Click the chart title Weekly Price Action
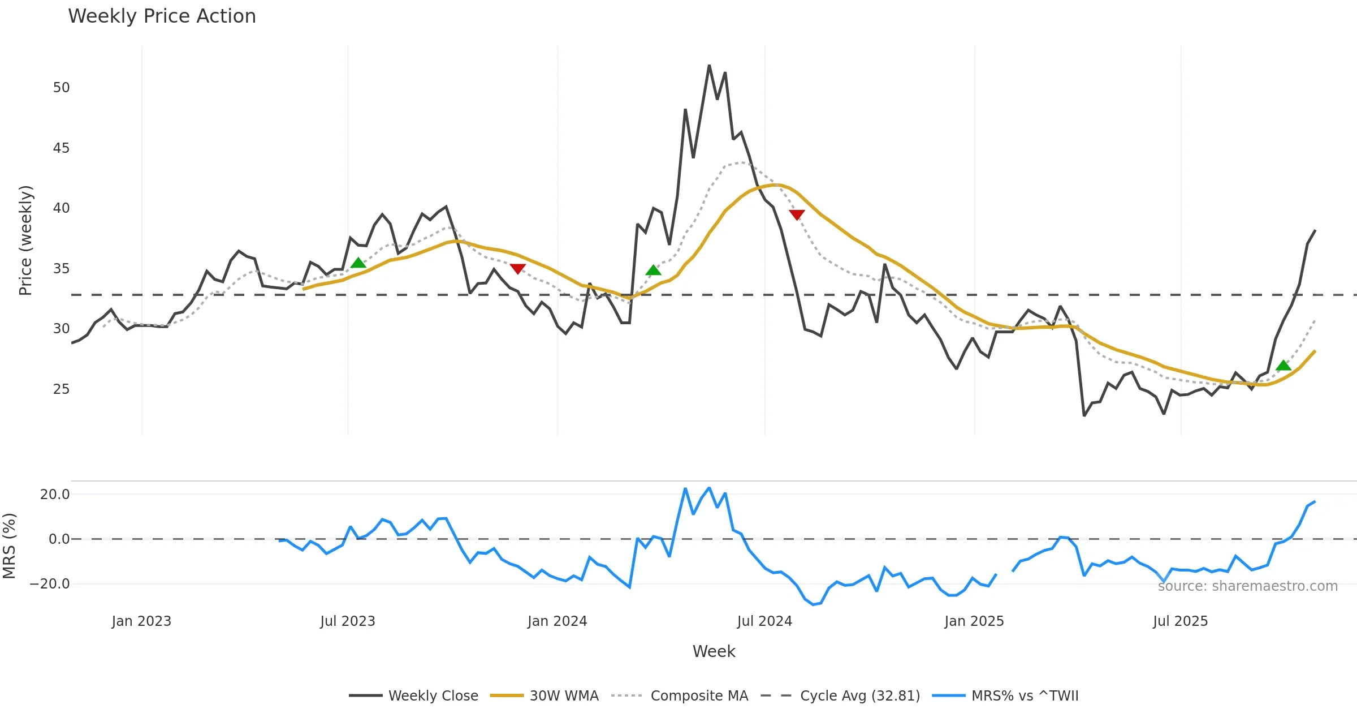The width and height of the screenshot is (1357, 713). (x=162, y=16)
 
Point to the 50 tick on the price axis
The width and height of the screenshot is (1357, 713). (x=61, y=88)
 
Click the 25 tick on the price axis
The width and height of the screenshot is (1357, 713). (x=61, y=389)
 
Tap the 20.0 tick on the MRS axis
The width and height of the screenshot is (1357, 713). (x=55, y=495)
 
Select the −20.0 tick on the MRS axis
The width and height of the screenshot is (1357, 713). (x=50, y=584)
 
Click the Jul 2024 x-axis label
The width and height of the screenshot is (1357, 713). (x=764, y=621)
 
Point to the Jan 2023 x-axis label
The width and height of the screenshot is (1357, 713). (x=141, y=621)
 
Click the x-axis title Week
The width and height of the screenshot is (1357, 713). (x=714, y=652)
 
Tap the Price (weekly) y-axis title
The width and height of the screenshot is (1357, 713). (x=26, y=240)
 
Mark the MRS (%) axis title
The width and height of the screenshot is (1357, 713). (x=10, y=546)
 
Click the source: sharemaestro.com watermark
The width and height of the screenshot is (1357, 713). (x=1247, y=586)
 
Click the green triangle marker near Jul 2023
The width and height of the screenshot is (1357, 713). (x=358, y=263)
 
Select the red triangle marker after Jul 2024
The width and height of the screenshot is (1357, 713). (x=797, y=215)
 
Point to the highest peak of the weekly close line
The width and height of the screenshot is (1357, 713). (x=709, y=66)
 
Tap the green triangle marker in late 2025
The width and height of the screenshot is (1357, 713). (x=1283, y=366)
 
